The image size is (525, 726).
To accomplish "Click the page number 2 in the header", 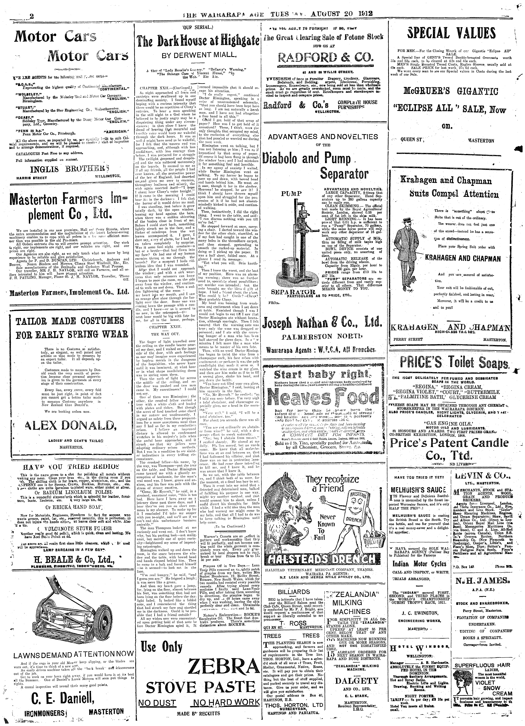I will pos(31,16).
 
